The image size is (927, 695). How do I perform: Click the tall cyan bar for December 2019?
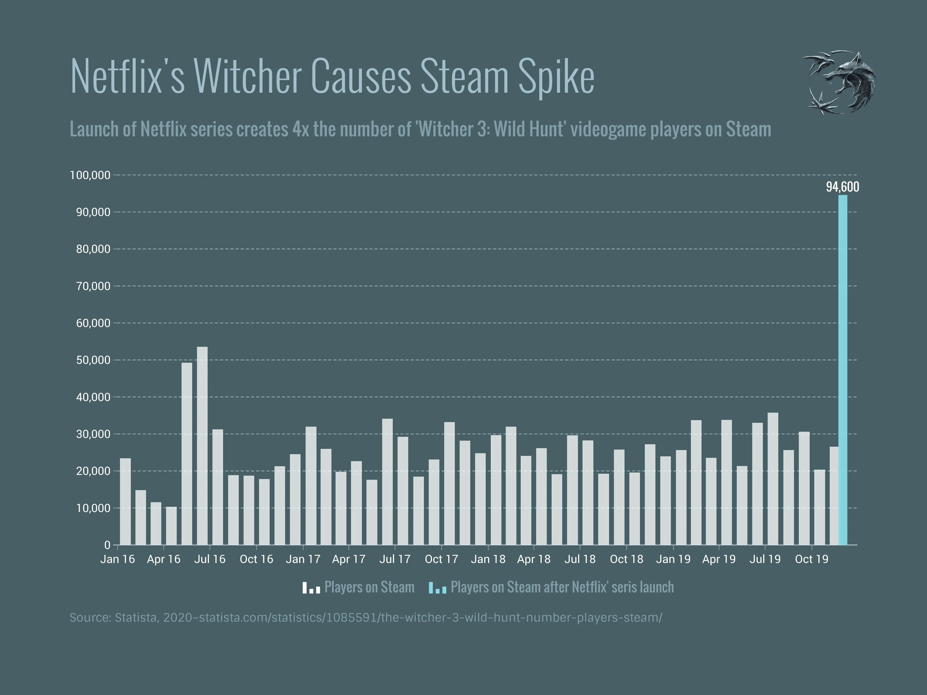(842, 369)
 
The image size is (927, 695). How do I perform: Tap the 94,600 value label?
(842, 187)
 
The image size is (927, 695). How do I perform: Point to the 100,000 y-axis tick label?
(90, 175)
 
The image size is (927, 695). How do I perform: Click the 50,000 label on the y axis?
(93, 360)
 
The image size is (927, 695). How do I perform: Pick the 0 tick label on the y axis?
(107, 545)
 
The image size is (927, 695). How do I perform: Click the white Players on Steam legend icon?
(311, 587)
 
